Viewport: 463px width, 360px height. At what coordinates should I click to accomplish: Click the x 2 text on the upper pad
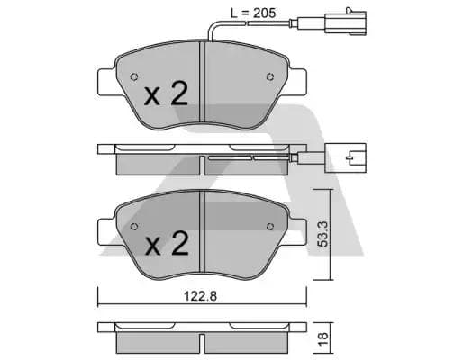(167, 93)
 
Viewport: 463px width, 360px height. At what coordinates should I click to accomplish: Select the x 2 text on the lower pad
(167, 241)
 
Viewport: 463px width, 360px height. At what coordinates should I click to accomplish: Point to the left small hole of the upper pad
(134, 76)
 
